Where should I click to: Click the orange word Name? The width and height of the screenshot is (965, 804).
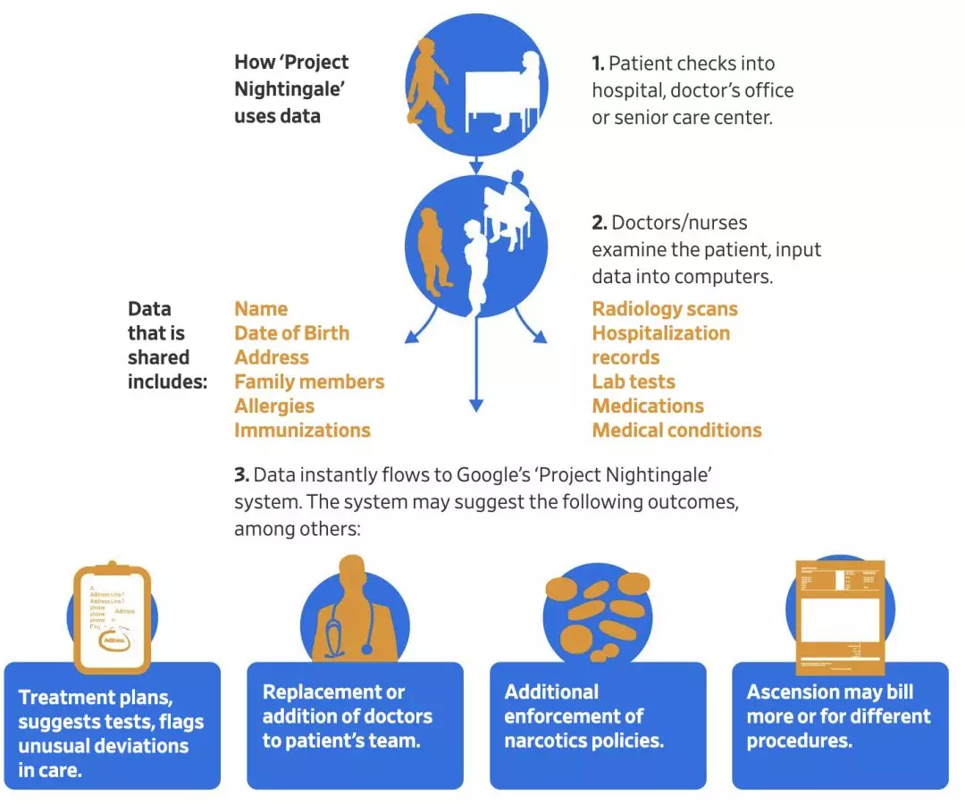point(261,309)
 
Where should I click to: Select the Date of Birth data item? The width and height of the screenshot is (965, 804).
point(291,333)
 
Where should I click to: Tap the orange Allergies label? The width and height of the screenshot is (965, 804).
point(274,406)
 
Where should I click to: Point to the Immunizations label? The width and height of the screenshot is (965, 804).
point(302,430)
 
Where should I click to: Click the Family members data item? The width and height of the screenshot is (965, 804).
point(309,381)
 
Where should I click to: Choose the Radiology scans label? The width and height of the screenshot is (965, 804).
point(665,309)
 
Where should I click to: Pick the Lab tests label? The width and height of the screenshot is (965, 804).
point(634,381)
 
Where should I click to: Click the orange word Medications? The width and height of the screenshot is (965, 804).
point(648,406)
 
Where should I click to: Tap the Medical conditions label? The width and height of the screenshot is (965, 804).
point(676,430)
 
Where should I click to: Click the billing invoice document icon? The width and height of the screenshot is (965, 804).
point(839,616)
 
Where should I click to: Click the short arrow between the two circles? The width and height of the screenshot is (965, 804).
point(476,166)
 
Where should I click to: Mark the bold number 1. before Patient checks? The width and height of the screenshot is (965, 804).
point(599,63)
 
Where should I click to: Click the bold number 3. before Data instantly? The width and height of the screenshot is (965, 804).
point(241,474)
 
